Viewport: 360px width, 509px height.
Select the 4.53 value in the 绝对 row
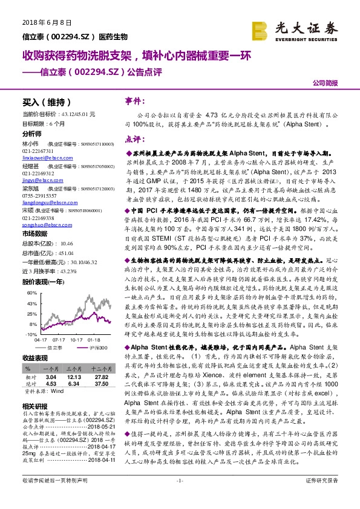tap(51, 383)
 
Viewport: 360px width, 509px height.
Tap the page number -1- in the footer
tap(180, 497)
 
